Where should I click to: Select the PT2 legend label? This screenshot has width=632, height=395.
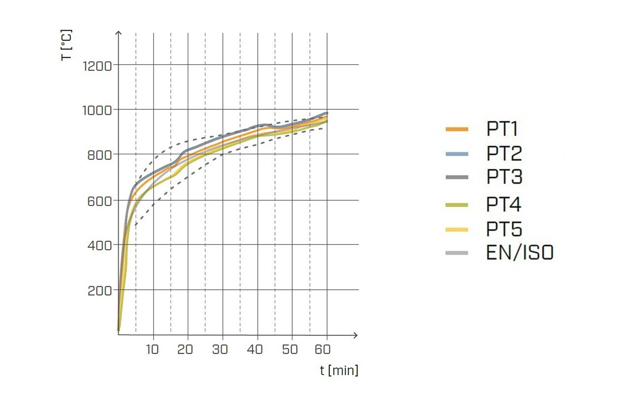tap(504, 153)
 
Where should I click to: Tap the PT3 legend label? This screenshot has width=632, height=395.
tap(504, 177)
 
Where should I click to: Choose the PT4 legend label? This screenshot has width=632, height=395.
tap(503, 204)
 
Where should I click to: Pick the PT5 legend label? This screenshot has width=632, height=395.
tap(504, 229)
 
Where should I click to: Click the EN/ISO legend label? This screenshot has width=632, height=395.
tap(520, 253)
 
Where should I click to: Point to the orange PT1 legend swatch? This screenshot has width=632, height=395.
tap(457, 129)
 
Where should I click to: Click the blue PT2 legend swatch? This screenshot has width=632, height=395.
tap(457, 154)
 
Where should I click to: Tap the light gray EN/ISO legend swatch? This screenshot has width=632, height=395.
tap(457, 253)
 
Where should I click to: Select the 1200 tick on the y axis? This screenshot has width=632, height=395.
tap(97, 66)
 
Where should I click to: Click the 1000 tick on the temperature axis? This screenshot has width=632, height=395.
tap(97, 111)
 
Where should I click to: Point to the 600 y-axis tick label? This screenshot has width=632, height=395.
tap(99, 201)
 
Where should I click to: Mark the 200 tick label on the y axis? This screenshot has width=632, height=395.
tap(99, 291)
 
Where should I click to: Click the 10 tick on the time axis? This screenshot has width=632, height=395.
tap(152, 349)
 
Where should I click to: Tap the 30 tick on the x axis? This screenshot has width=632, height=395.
tap(220, 349)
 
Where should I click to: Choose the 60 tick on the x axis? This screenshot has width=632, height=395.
tap(323, 349)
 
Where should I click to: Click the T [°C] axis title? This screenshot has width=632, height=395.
tap(66, 45)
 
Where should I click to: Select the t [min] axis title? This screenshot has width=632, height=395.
tap(339, 370)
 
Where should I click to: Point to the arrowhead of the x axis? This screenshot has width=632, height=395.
tap(355, 335)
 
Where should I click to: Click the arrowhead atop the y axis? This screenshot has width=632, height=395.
tap(119, 33)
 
